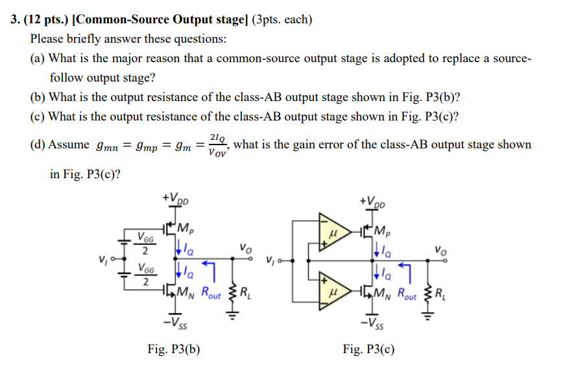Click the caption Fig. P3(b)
173,350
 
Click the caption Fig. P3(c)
368,350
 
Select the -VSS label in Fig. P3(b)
176,323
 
